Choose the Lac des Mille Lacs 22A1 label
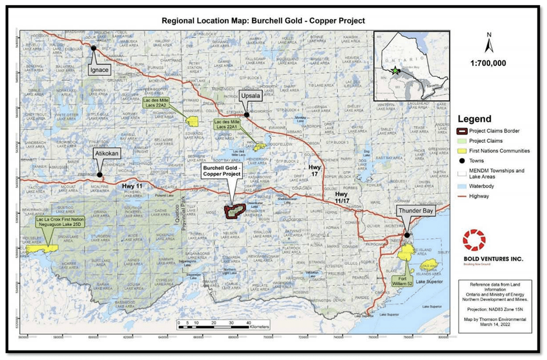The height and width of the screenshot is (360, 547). pyautogui.click(x=228, y=124)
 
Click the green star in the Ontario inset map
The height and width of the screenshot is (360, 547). pyautogui.click(x=396, y=71)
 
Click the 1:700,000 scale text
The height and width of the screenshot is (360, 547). pyautogui.click(x=489, y=63)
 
